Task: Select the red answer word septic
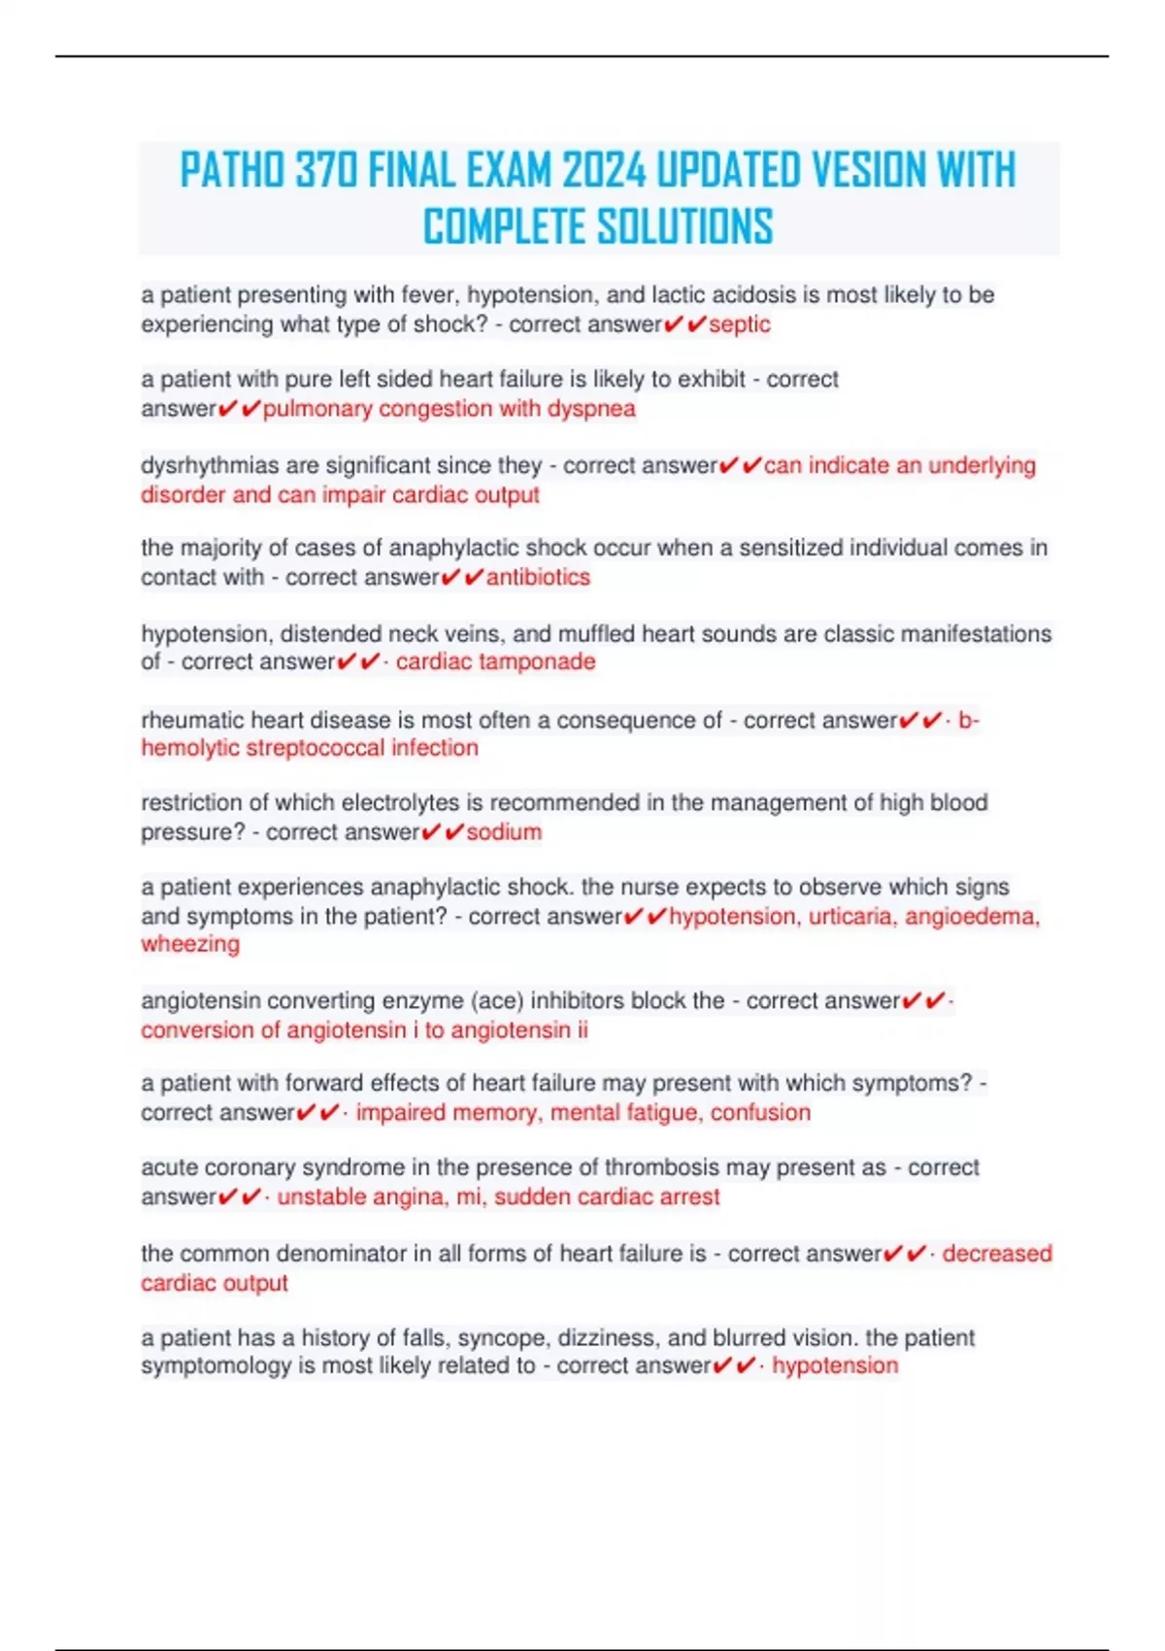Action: [x=740, y=324]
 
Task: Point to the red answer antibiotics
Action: [x=538, y=577]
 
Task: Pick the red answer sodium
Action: [x=504, y=832]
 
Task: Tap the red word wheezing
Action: [x=190, y=944]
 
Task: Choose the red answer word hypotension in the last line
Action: [x=835, y=1365]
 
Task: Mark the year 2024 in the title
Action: [x=604, y=171]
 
